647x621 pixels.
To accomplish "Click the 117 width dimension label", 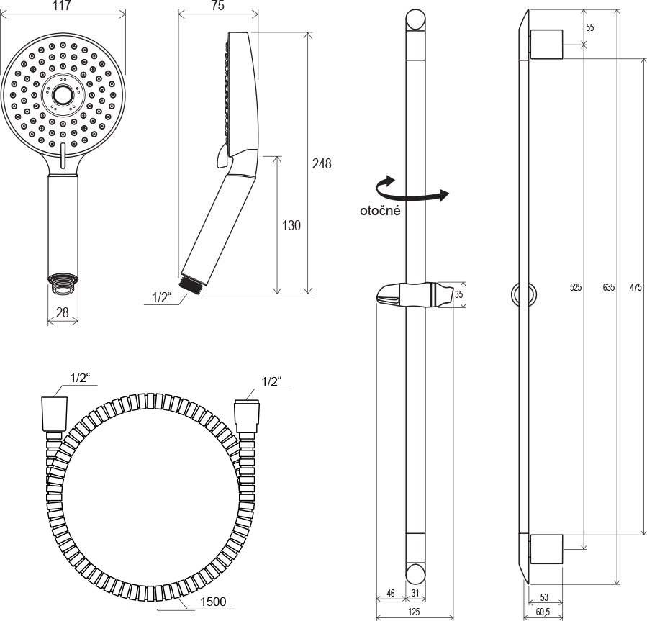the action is point(63,6).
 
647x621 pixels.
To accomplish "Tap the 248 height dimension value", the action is point(322,164).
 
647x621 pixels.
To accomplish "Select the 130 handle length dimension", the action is point(291,225).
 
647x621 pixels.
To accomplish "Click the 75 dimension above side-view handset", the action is point(218,6).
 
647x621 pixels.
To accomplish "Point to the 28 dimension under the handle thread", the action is point(63,312).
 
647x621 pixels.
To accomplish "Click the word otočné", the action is point(380,210).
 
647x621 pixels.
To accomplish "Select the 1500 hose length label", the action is point(213,602).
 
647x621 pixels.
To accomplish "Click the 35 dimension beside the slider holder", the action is point(458,294).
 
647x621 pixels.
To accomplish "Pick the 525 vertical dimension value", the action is point(576,287).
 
